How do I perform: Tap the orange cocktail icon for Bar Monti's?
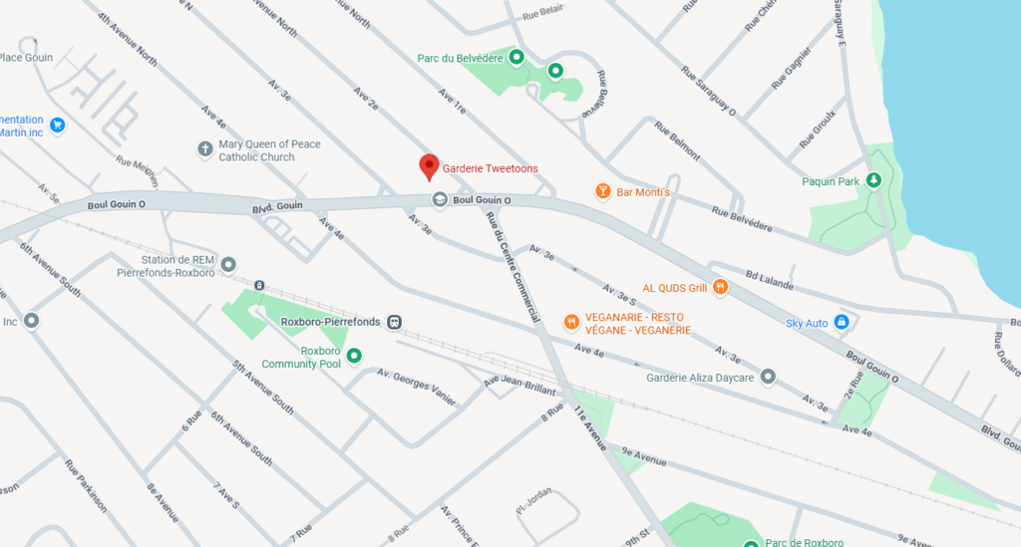coord(602,191)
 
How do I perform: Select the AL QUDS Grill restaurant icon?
coord(720,288)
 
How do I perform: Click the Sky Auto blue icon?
coord(842,322)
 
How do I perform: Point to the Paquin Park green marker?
coord(873,180)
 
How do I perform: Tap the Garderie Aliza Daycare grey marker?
coord(768,377)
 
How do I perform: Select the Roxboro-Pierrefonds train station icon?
coord(395,322)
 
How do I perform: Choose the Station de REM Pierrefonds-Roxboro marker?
coord(228,264)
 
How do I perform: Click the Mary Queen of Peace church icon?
coord(204,149)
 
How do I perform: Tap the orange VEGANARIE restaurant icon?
coord(570,322)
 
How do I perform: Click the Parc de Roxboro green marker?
coord(752,543)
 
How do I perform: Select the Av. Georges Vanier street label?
coord(416,387)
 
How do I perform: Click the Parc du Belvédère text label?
coord(460,57)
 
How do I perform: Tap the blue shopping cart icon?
coord(57,126)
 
